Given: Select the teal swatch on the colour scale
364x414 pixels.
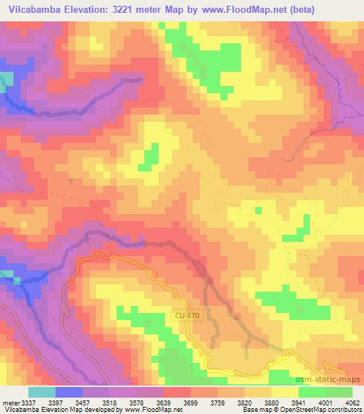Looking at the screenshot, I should [41, 392].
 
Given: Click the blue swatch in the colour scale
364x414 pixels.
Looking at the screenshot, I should [68, 392].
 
